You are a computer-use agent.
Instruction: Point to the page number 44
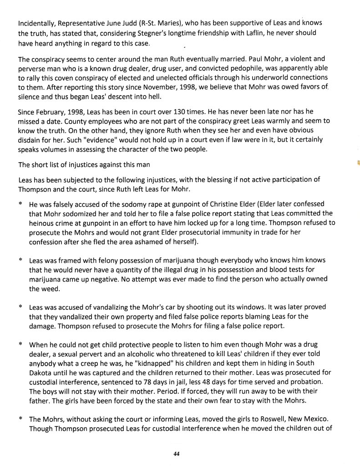[177, 454]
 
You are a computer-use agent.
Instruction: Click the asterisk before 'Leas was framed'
[21, 261]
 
